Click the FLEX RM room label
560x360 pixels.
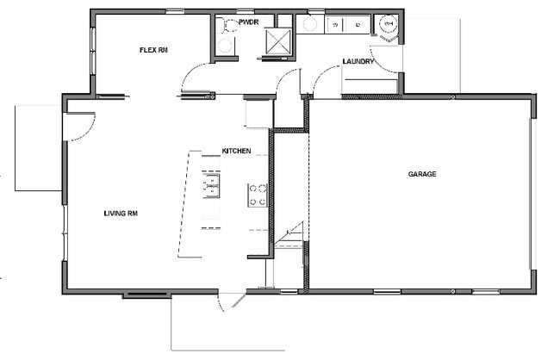tap(153, 50)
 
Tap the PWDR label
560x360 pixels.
tap(249, 22)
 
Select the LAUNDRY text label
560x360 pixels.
tap(358, 61)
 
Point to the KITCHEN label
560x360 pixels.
tap(236, 151)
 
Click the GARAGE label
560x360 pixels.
tap(422, 174)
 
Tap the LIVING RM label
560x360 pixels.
tap(121, 214)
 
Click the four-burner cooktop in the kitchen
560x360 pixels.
tap(258, 195)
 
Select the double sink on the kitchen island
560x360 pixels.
tap(211, 186)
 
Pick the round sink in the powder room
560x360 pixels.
tap(226, 46)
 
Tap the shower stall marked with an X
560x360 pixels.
tap(278, 42)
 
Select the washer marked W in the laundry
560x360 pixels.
tap(335, 25)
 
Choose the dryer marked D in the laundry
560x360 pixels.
tap(358, 25)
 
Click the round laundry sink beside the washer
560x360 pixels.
tap(309, 24)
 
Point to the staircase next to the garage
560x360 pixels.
tap(289, 234)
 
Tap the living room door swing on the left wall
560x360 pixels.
tap(80, 127)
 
